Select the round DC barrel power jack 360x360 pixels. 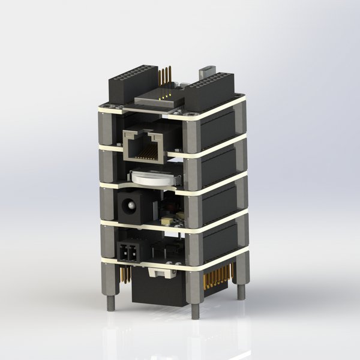tap(127, 207)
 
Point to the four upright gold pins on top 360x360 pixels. tap(166, 76)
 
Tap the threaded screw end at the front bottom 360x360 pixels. tap(195, 311)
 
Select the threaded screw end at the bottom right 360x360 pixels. tap(241, 292)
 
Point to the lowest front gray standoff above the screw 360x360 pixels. tap(195, 285)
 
